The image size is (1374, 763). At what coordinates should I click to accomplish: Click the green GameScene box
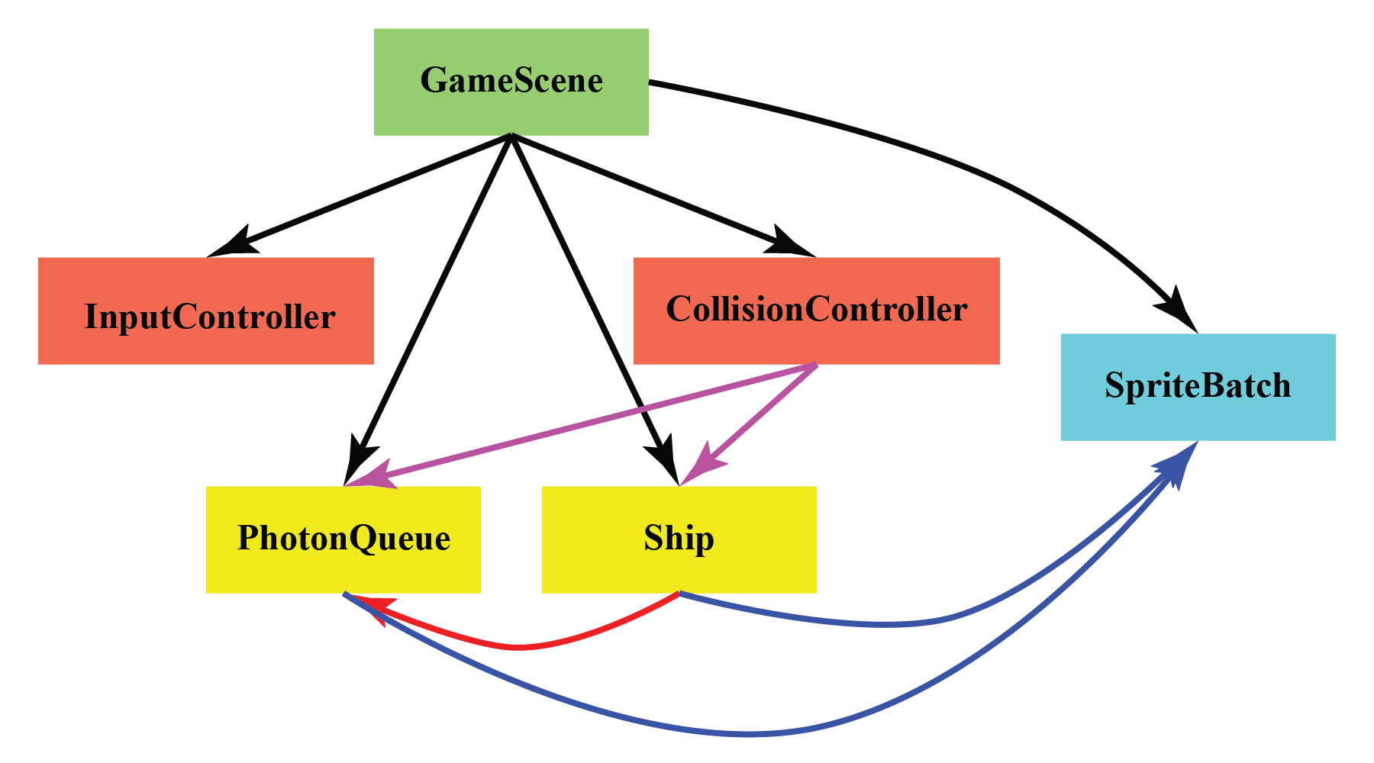[x=511, y=82]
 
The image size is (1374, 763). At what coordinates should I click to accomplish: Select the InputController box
[x=205, y=311]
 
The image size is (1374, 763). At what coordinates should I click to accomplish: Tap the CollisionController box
[x=816, y=311]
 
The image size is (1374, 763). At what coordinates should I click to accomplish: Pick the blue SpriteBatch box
[x=1198, y=387]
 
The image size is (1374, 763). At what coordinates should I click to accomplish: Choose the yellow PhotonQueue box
[x=343, y=539]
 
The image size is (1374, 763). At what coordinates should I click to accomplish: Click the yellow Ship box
[x=679, y=539]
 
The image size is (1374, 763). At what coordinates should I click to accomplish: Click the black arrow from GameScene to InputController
[x=366, y=193]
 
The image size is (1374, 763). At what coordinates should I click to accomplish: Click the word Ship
[x=679, y=539]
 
